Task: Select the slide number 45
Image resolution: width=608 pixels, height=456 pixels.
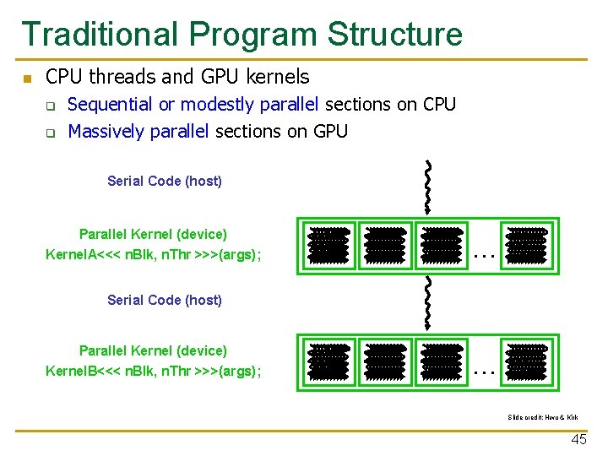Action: [578, 440]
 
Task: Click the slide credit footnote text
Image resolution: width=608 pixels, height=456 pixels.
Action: [543, 417]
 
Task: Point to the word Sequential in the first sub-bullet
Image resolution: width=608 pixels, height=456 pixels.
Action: [109, 105]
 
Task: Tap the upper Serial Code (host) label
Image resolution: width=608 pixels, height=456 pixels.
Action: [165, 181]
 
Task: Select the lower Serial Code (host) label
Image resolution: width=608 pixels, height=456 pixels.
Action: [165, 300]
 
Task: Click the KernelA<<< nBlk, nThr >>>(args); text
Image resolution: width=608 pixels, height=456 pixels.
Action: [153, 254]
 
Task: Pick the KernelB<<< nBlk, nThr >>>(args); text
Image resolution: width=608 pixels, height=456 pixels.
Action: [153, 371]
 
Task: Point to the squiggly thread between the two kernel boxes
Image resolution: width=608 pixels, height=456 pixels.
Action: [428, 302]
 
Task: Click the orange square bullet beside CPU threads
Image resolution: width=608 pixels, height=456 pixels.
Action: [27, 79]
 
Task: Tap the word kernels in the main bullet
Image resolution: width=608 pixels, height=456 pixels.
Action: [278, 77]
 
